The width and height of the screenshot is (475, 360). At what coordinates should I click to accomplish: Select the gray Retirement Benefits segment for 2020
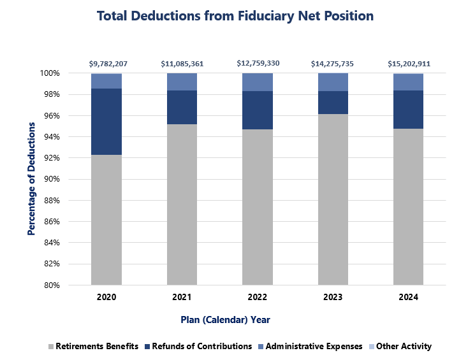pos(106,220)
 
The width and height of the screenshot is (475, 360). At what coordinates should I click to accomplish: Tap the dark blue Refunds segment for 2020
pos(106,122)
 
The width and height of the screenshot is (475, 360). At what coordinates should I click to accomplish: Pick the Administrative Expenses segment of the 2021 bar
pos(182,82)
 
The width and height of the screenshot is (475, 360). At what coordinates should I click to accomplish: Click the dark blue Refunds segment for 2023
pos(333,103)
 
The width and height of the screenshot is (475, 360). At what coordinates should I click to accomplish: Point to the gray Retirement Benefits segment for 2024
pos(409,206)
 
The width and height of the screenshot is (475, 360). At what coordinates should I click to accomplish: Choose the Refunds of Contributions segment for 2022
pos(258,110)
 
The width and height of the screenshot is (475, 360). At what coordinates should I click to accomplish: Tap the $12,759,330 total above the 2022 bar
pos(258,64)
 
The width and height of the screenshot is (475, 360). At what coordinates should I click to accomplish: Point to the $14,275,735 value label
pos(333,64)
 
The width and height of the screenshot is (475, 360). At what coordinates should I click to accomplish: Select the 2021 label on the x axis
pos(182,298)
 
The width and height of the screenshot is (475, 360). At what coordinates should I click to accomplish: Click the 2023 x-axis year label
pos(333,298)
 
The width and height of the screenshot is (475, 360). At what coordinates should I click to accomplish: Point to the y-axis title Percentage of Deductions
pos(31,179)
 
